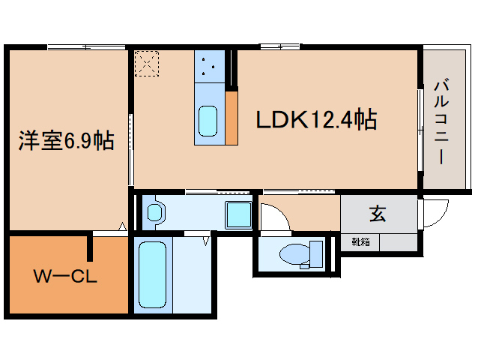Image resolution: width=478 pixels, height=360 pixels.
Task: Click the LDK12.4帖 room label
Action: (316, 119)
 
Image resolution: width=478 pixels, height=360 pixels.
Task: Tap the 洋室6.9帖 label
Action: (67, 141)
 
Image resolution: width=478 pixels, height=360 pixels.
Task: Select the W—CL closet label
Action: (65, 277)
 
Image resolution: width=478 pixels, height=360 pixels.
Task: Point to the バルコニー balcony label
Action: (441, 121)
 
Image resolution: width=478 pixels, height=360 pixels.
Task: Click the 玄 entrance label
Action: (378, 213)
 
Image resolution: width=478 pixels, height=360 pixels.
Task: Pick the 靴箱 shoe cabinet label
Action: (360, 242)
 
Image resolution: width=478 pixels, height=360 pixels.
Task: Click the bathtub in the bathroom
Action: (152, 275)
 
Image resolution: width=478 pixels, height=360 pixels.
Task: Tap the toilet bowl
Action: (294, 253)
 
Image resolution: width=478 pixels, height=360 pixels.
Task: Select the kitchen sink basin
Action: (208, 121)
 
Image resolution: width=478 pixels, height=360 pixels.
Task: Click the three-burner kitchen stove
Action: (210, 66)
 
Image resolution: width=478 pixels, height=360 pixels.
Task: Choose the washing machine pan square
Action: (238, 214)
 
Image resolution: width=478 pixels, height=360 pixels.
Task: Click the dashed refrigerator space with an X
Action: (147, 64)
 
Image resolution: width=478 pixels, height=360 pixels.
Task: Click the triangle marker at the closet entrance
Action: (123, 226)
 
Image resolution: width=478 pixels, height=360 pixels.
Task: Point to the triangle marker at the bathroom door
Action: (206, 241)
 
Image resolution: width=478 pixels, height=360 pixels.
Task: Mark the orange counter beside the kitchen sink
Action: (232, 118)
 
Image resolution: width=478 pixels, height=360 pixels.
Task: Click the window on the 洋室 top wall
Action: (87, 47)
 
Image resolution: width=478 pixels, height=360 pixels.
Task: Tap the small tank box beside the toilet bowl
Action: (316, 253)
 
